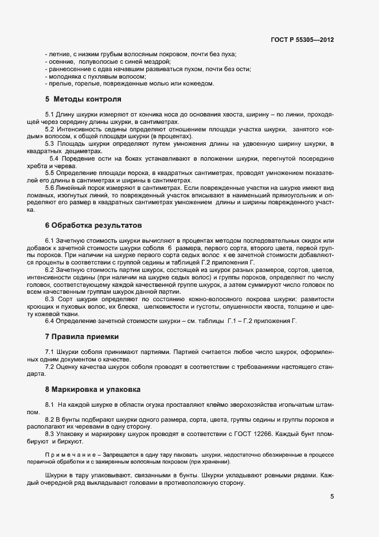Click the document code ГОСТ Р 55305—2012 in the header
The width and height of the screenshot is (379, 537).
[303, 40]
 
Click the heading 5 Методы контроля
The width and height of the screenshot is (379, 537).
[83, 98]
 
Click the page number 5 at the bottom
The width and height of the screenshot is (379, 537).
[332, 497]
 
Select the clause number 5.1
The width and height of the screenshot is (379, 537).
[49, 115]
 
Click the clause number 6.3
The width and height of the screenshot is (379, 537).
[49, 299]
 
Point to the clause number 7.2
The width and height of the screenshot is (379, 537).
[49, 366]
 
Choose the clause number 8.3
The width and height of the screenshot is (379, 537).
[49, 435]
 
